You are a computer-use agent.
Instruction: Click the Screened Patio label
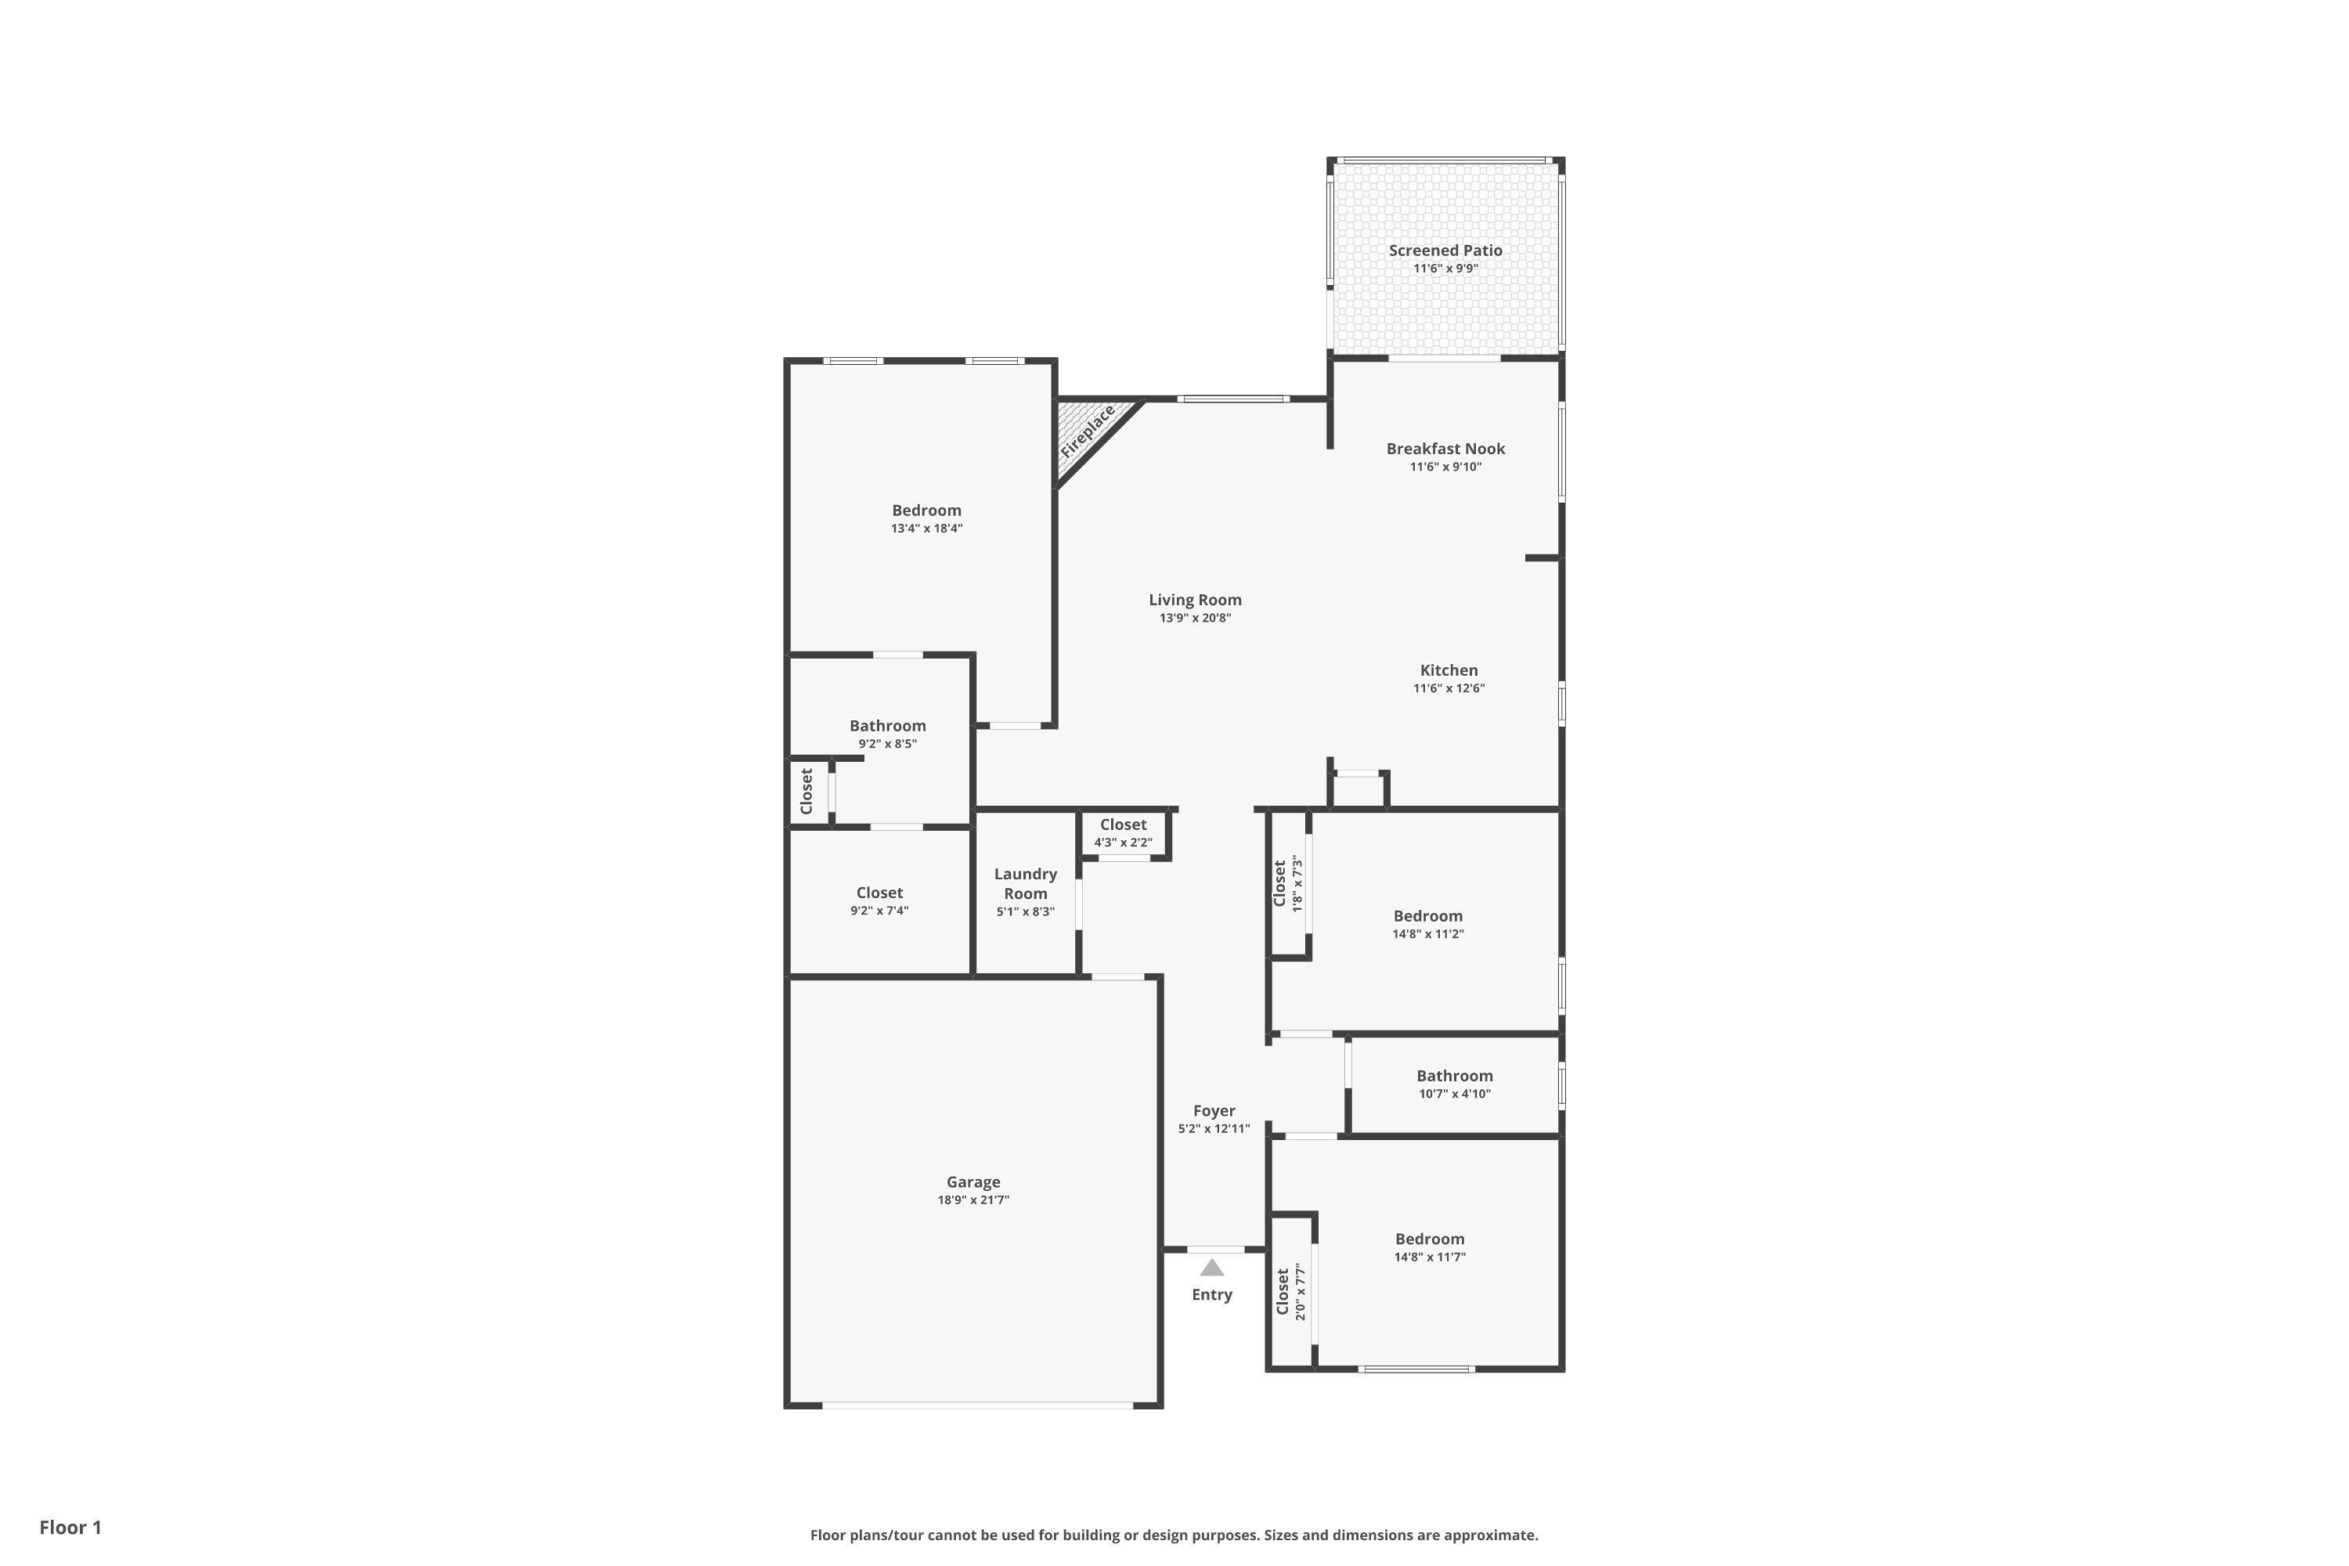point(1445,251)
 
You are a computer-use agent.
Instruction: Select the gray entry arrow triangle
point(1211,1268)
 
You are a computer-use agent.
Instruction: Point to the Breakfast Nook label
point(1445,449)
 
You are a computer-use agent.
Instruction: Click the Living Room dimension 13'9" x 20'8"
point(1195,619)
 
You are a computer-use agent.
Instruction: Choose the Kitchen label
point(1448,670)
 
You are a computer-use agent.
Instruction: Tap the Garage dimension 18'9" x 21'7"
point(972,1200)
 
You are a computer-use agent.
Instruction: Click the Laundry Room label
point(1025,884)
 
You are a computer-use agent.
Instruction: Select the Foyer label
point(1214,1110)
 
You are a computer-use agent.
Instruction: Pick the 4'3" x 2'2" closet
point(1124,834)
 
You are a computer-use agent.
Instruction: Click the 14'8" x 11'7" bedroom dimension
point(1429,1257)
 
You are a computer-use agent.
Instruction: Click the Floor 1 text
point(70,1527)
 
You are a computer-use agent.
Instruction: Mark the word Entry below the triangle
point(1211,1294)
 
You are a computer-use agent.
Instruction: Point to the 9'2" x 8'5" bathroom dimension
point(887,744)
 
